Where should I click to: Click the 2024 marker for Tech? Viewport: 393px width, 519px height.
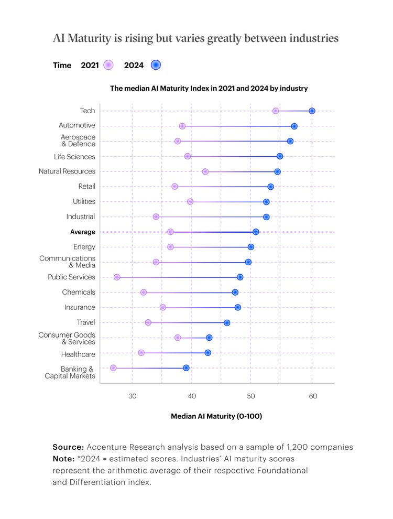click(312, 111)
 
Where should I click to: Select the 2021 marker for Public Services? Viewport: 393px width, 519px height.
click(117, 277)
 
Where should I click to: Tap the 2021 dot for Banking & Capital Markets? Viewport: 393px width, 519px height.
click(113, 368)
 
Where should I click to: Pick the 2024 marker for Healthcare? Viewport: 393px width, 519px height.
click(208, 353)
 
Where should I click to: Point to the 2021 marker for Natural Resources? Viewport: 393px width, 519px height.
click(205, 171)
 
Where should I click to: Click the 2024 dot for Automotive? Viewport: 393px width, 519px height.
click(294, 126)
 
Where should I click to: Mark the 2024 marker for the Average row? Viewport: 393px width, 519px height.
click(256, 232)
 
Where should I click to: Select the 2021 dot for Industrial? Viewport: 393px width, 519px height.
click(156, 217)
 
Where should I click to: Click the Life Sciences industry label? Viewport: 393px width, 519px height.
click(74, 157)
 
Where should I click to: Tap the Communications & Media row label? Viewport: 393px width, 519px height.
click(67, 262)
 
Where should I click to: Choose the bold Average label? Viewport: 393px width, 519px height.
click(82, 232)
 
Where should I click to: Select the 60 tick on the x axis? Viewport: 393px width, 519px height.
click(312, 396)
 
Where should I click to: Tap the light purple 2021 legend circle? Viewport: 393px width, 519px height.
click(108, 65)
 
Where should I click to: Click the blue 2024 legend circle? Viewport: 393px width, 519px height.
click(156, 65)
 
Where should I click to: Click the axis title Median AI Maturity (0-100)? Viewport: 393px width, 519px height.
click(216, 416)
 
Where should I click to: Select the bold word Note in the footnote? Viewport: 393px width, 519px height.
click(62, 459)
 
